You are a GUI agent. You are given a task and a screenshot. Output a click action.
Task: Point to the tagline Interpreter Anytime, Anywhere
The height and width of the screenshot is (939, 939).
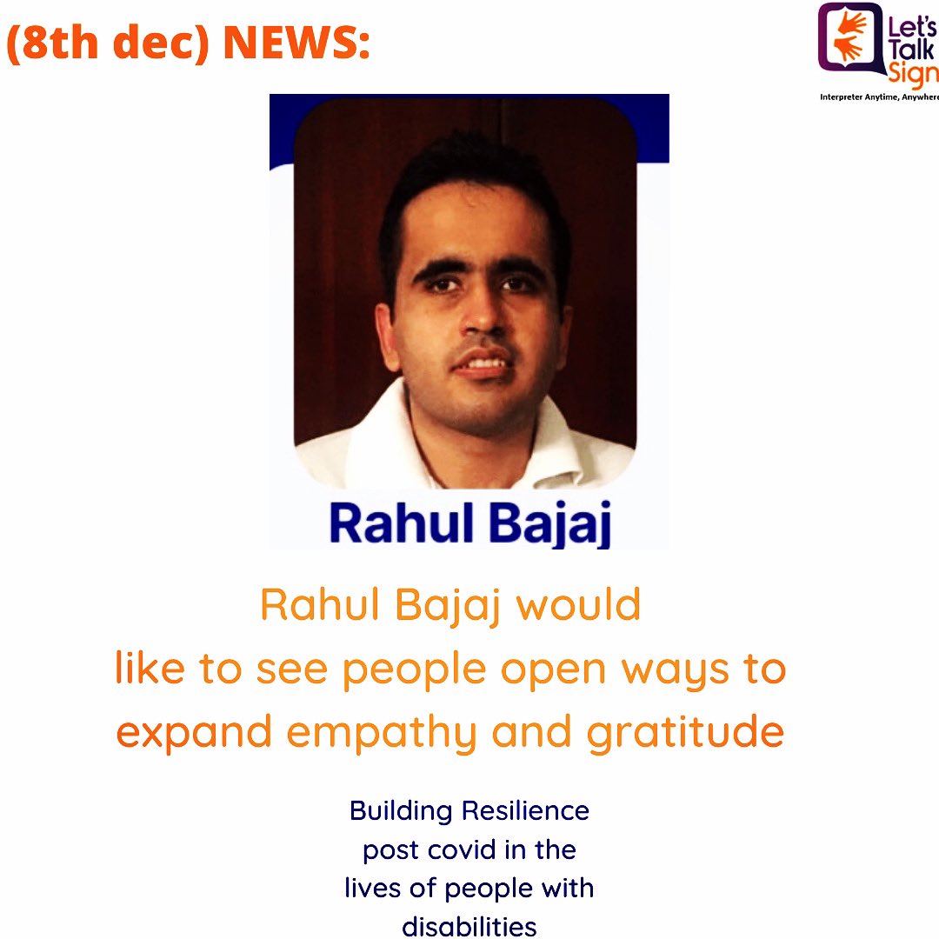(878, 97)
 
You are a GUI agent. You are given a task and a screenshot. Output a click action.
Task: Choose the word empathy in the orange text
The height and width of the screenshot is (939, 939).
(382, 734)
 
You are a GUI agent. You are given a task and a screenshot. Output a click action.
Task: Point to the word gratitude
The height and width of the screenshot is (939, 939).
(685, 734)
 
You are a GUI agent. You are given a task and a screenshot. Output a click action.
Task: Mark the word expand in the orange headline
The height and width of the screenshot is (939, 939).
(196, 734)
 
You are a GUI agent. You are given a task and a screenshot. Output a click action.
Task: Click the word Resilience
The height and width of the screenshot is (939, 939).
(525, 811)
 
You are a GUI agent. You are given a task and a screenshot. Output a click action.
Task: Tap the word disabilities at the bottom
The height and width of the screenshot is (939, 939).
(469, 926)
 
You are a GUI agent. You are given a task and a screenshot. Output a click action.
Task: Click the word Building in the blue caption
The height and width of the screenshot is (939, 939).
(402, 811)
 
